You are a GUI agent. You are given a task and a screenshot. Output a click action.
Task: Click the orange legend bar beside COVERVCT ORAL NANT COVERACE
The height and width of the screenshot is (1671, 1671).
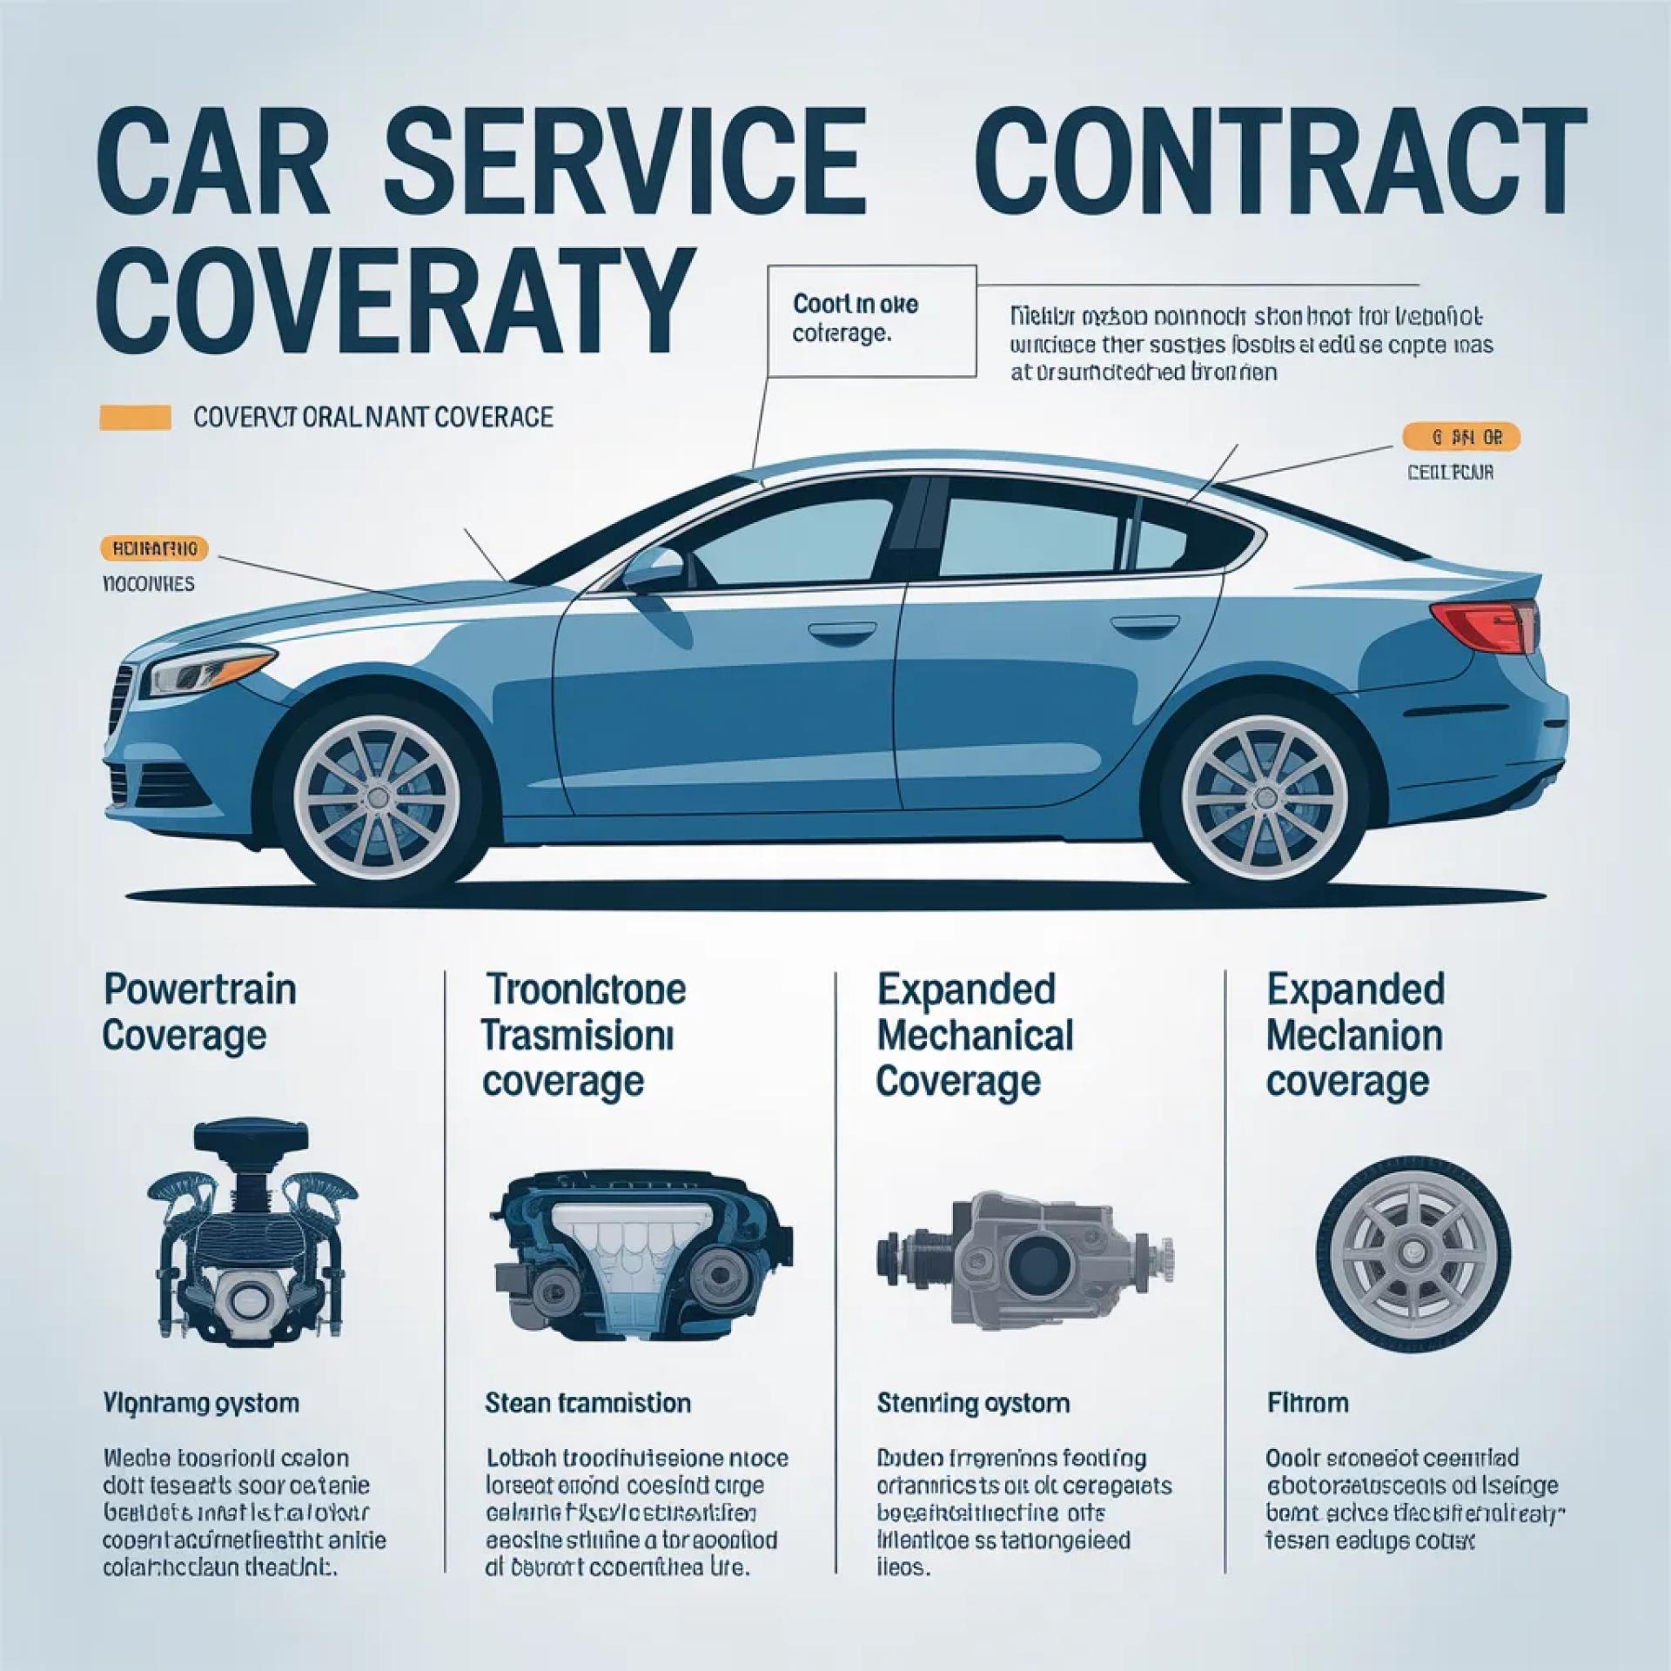point(136,418)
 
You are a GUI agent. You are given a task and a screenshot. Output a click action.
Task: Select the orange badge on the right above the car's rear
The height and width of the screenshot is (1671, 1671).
point(1461,438)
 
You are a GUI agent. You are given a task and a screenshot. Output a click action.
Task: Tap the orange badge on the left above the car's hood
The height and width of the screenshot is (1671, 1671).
point(154,548)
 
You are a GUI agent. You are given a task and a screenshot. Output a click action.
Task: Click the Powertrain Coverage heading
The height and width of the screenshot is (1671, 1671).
point(199,1012)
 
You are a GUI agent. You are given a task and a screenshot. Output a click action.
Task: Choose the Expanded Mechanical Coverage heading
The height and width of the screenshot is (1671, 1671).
point(975,1035)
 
